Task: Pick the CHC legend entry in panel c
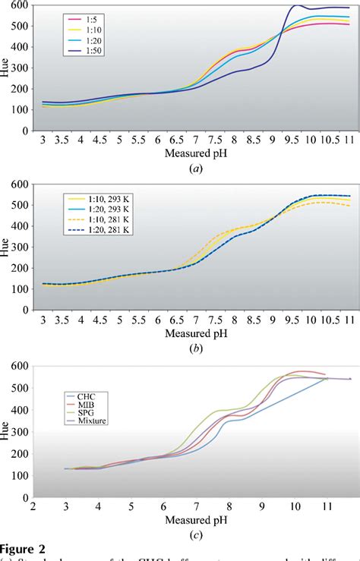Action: point(94,396)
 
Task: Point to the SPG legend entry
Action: point(94,411)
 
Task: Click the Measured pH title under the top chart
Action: point(194,153)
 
